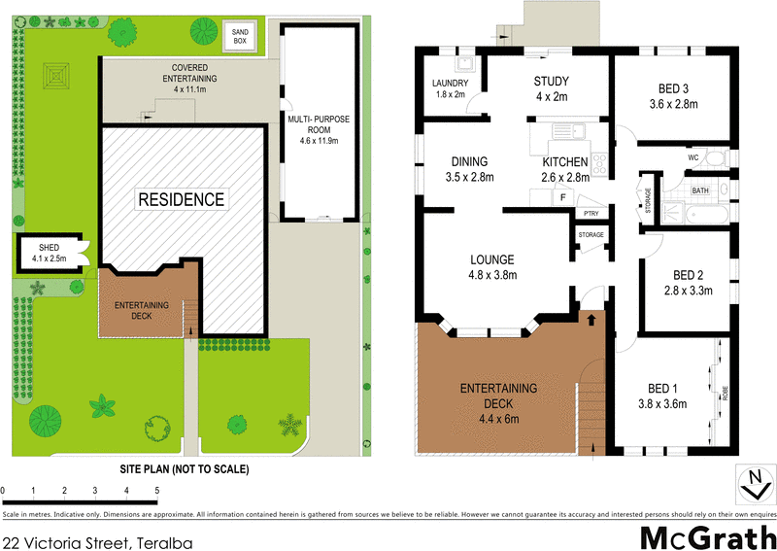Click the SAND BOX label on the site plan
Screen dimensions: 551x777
[x=239, y=37]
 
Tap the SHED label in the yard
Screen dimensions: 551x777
[x=50, y=247]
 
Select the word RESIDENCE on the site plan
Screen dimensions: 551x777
[x=181, y=200]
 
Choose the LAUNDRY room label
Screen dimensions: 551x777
[x=449, y=84]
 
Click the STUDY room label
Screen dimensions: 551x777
[x=551, y=82]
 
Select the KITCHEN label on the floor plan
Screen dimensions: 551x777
[x=565, y=161]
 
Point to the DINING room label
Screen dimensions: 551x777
[x=469, y=161]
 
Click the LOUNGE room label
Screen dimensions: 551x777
[x=492, y=259]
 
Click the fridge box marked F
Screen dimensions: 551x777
[x=561, y=197]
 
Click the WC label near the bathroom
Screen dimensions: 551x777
[x=693, y=156]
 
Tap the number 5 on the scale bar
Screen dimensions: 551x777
[x=157, y=491]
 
